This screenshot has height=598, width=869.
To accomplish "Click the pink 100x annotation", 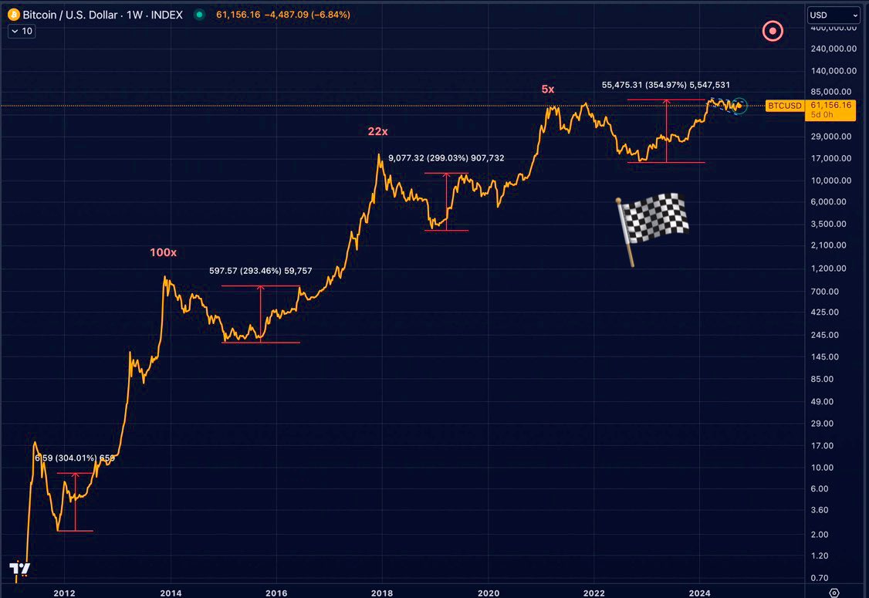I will point(163,252).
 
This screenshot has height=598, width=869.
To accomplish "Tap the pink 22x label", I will point(377,132).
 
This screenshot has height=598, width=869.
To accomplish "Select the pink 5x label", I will point(547,90).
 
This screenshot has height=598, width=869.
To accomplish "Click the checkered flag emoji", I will point(652,225).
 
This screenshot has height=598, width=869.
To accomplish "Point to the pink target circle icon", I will point(773,32).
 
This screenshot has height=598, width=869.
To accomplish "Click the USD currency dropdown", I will point(833,15).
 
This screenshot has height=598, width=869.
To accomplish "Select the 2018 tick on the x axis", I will point(381,593).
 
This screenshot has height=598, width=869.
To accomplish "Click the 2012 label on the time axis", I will point(64,593).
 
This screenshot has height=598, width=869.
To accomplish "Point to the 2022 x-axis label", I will point(593,593).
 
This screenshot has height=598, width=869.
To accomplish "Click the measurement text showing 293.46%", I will point(260,271).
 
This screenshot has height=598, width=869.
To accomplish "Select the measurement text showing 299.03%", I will point(446,158).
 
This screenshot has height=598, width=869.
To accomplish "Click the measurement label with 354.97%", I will point(665,85).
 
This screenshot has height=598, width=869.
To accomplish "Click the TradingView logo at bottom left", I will point(19,569).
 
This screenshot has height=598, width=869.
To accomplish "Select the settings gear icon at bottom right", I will point(833,593).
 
